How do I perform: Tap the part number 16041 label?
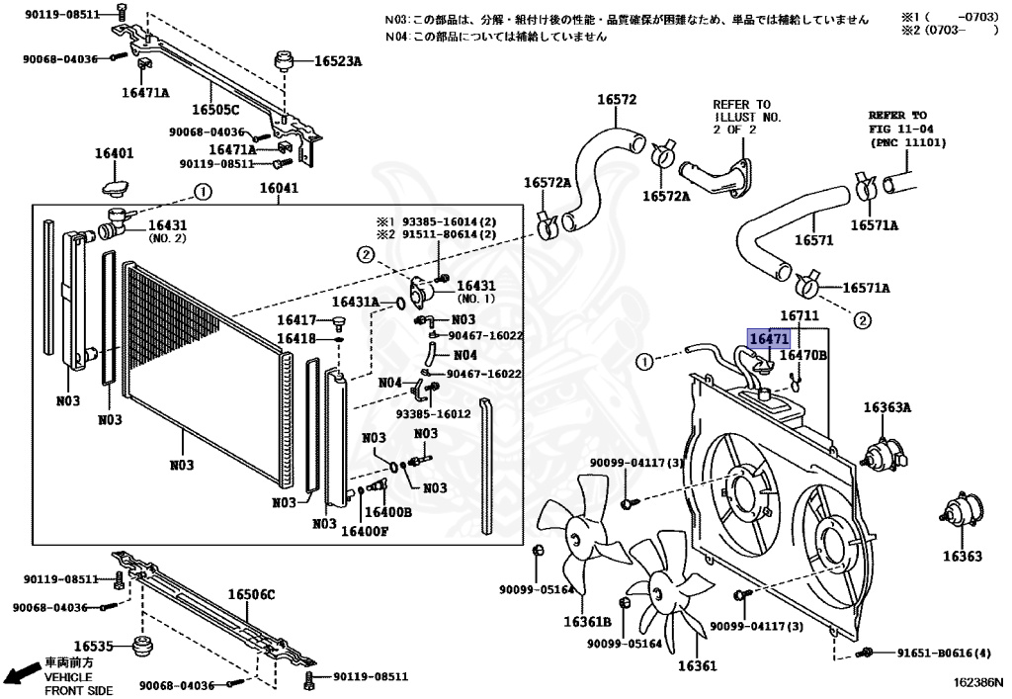[x=279, y=189]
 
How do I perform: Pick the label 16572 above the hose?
[x=617, y=99]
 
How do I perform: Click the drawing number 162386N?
[x=977, y=682]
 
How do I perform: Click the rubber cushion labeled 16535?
[x=145, y=650]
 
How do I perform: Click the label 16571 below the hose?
[x=813, y=240]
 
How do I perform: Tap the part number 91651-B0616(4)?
[x=944, y=654]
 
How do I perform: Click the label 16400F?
[x=365, y=531]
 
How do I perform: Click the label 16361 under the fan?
[x=697, y=665]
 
